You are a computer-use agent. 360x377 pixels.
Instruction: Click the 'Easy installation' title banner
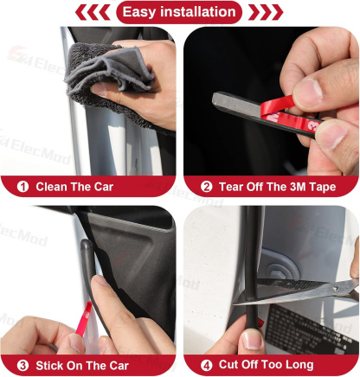click(x=179, y=12)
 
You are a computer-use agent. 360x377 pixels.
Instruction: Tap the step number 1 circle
click(x=22, y=186)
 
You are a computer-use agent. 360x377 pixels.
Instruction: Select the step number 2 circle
click(x=206, y=186)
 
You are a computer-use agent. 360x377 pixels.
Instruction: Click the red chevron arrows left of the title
click(x=93, y=12)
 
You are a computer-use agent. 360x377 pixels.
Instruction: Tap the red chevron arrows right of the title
click(x=265, y=12)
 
